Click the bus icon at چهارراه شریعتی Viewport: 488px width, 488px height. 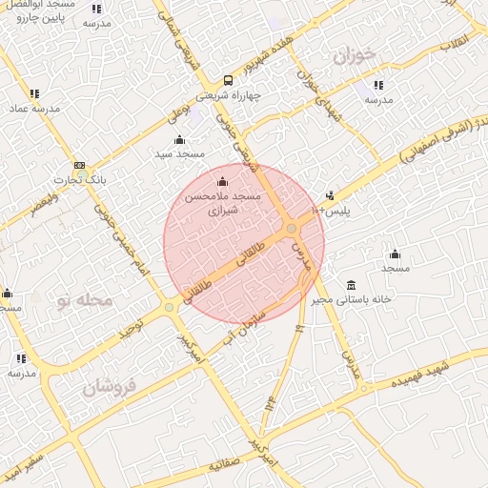[x=227, y=80]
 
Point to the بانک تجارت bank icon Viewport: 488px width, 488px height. [x=78, y=165]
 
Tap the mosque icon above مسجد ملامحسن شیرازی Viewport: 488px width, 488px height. [x=223, y=181]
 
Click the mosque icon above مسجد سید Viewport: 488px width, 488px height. [x=179, y=140]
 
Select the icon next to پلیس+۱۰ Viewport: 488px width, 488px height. [x=330, y=195]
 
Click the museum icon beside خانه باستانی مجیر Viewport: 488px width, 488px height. [x=352, y=285]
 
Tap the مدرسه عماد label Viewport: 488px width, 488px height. [x=35, y=108]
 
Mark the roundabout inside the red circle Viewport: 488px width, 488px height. [x=291, y=229]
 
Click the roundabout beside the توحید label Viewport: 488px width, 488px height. [x=170, y=307]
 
